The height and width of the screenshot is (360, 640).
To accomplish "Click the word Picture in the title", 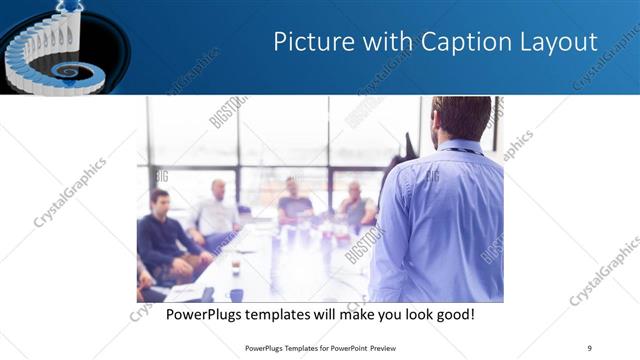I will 310,43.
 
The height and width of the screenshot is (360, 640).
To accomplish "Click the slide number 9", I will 590,347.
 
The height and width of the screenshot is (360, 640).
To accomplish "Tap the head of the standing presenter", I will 461,119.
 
